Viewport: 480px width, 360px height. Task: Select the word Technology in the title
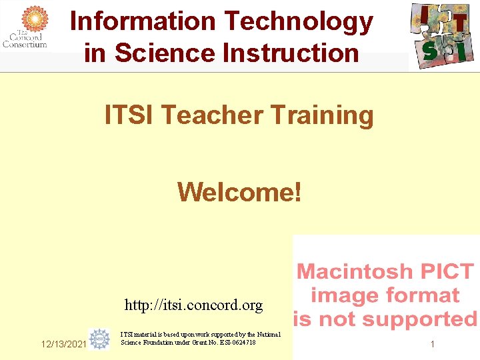(x=299, y=21)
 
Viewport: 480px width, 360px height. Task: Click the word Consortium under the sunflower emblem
(x=25, y=45)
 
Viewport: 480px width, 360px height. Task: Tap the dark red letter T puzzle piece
(x=461, y=23)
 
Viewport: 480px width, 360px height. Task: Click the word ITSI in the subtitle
(x=131, y=115)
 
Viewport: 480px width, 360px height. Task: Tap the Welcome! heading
(x=239, y=193)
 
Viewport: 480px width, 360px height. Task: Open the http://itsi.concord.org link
(x=193, y=305)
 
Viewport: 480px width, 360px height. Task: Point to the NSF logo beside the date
(x=100, y=339)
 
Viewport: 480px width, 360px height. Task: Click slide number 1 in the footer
(x=432, y=345)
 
